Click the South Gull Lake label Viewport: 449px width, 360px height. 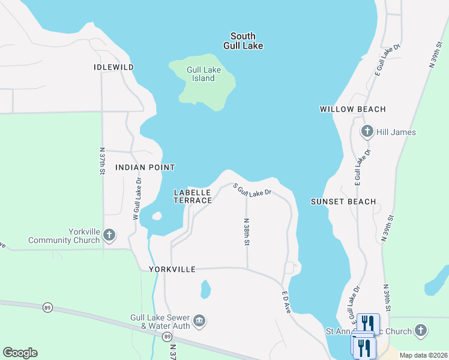[x=243, y=41]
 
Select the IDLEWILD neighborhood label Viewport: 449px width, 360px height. [x=113, y=67]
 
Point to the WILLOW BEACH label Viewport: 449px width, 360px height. [x=352, y=109]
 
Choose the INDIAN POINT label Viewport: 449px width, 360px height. [x=145, y=167]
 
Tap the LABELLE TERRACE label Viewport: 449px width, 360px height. [x=193, y=196]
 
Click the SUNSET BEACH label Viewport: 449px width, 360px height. [x=343, y=202]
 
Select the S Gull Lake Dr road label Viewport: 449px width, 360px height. [x=253, y=190]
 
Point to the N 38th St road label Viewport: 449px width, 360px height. [x=246, y=232]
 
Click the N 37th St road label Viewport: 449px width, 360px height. [x=102, y=161]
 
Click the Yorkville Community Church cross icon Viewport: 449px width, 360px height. [x=109, y=235]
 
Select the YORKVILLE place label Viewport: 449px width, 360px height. [x=172, y=269]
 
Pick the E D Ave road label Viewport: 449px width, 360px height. [x=286, y=302]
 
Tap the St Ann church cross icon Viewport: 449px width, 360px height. [x=421, y=331]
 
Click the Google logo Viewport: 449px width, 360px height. [x=20, y=353]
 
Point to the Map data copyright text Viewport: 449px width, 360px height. [x=423, y=355]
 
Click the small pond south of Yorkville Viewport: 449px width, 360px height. [x=206, y=290]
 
